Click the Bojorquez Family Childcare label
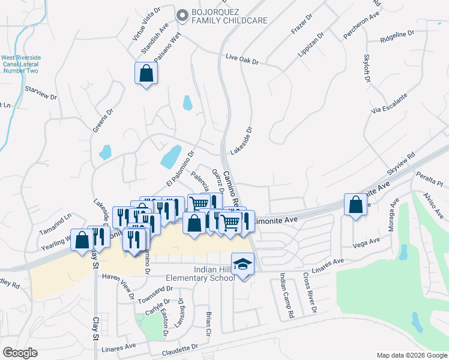pos(229,16)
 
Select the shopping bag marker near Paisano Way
pos(145,74)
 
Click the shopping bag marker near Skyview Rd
pos(356,205)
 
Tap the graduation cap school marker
pos(243,265)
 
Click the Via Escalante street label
pos(389,103)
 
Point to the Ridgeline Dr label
pos(397,38)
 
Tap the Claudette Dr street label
pos(179,347)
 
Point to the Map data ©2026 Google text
pos(411,355)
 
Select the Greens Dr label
pos(107,122)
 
